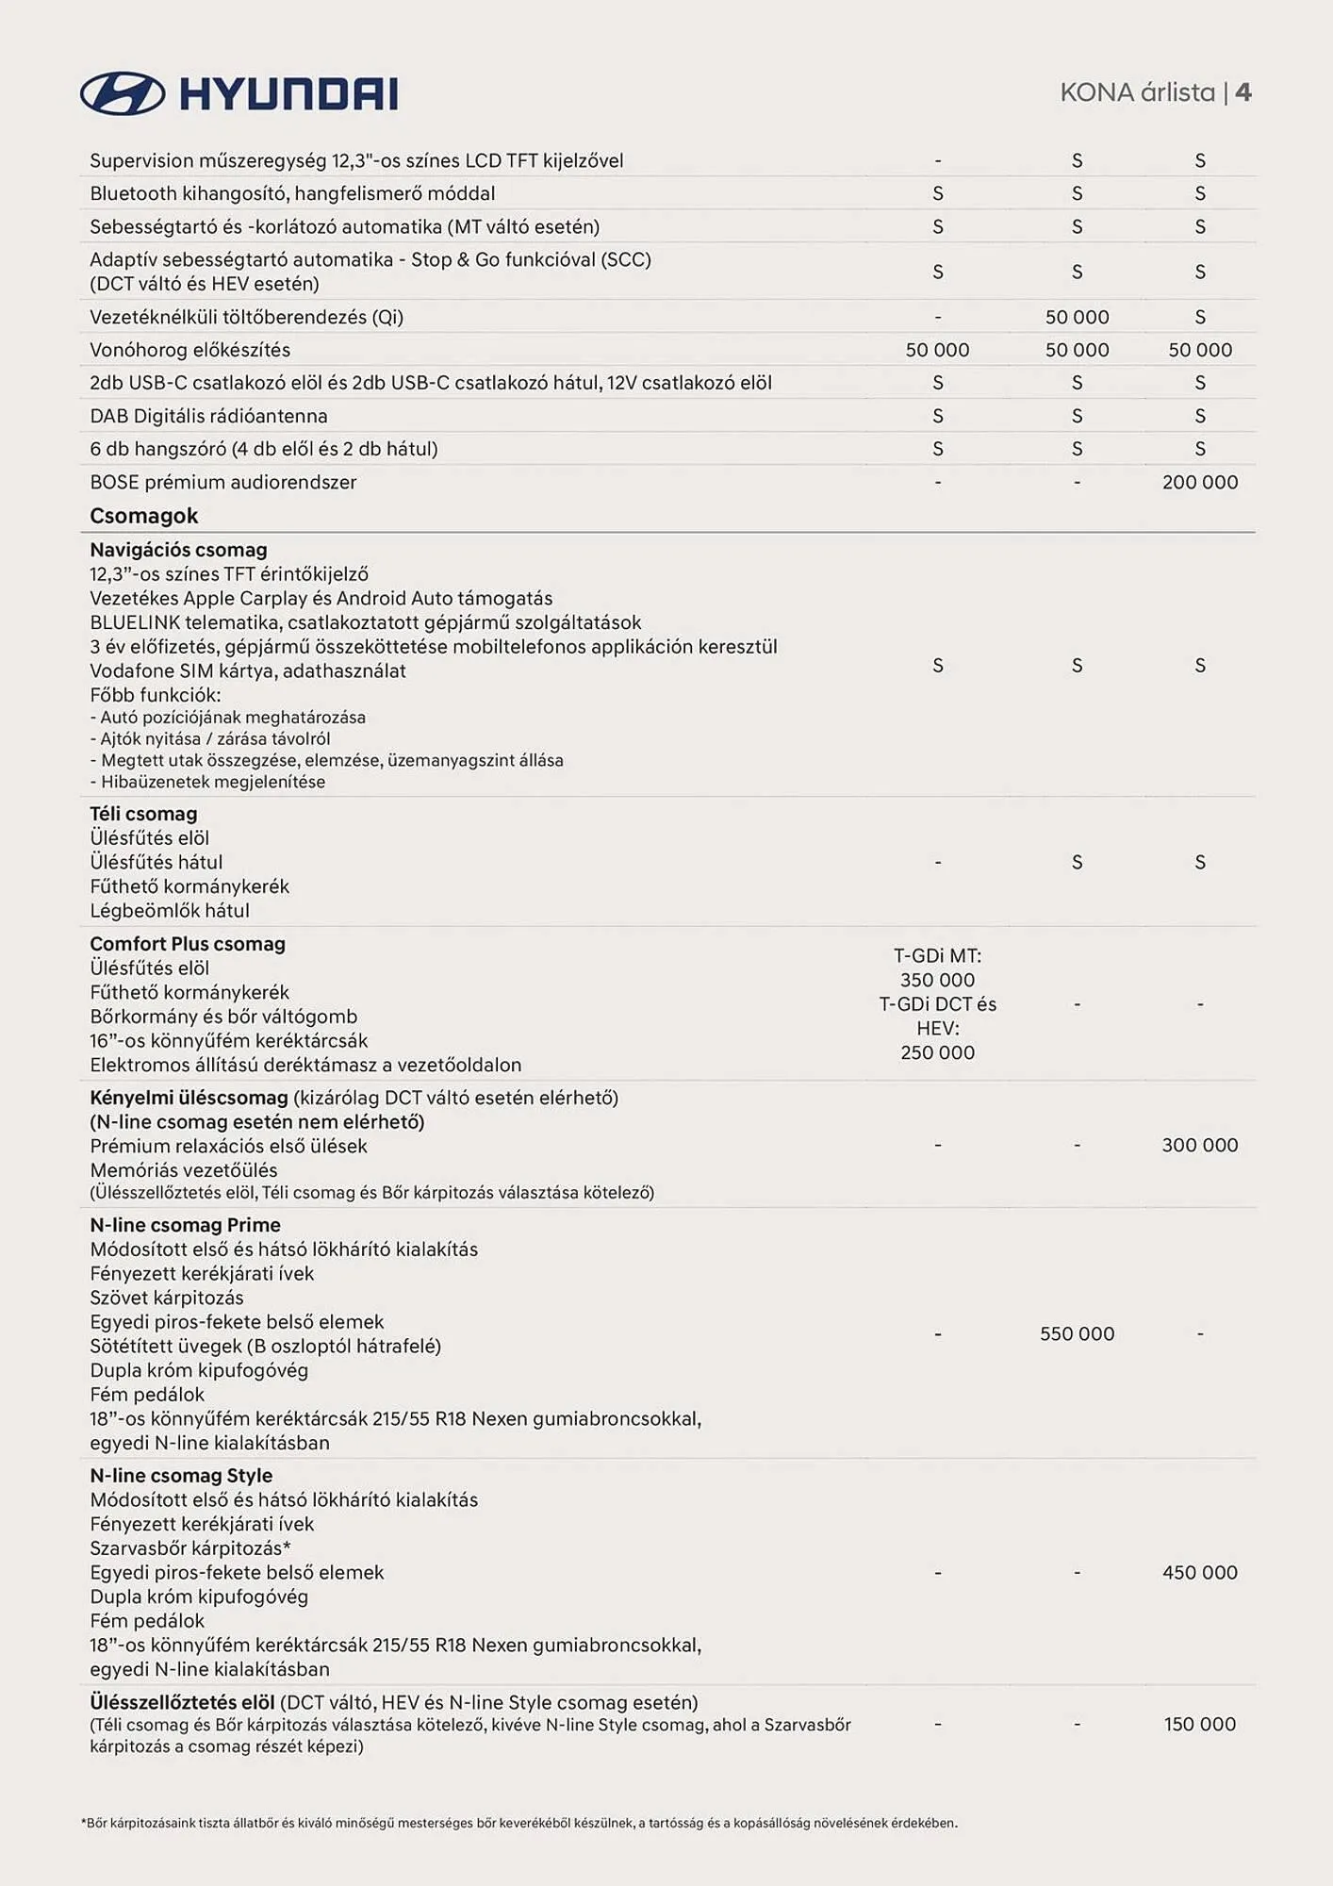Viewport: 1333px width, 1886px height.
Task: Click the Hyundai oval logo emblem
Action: [x=123, y=93]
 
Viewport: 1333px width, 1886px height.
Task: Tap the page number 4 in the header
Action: [x=1243, y=92]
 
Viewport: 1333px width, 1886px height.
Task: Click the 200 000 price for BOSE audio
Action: [x=1199, y=482]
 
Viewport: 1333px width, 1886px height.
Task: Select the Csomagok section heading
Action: [x=143, y=516]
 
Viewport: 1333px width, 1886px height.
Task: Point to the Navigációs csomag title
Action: [x=178, y=550]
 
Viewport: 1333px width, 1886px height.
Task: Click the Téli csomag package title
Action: [x=143, y=814]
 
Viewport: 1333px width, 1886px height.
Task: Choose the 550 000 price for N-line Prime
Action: [x=1077, y=1333]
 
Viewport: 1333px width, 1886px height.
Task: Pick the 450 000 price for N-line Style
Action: [x=1199, y=1572]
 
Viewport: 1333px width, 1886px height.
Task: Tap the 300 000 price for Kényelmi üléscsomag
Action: [x=1199, y=1145]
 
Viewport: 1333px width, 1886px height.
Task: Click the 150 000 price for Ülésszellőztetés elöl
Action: [x=1199, y=1724]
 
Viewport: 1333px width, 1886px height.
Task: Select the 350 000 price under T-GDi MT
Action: [x=937, y=980]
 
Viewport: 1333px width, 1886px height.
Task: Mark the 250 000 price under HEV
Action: [x=937, y=1052]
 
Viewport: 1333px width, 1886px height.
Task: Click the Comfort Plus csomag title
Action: [x=188, y=944]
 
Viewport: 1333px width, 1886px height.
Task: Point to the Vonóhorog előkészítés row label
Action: [x=189, y=350]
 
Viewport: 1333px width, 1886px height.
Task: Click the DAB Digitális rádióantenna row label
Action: [x=208, y=416]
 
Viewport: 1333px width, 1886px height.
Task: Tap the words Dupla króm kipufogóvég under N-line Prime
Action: [x=199, y=1370]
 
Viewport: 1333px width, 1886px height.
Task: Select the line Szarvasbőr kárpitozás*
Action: [x=190, y=1548]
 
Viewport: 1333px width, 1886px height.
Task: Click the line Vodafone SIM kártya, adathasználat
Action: [x=248, y=670]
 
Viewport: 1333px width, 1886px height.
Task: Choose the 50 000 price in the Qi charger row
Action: [x=1077, y=317]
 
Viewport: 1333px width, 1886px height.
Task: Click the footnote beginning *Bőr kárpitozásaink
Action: [x=519, y=1823]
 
